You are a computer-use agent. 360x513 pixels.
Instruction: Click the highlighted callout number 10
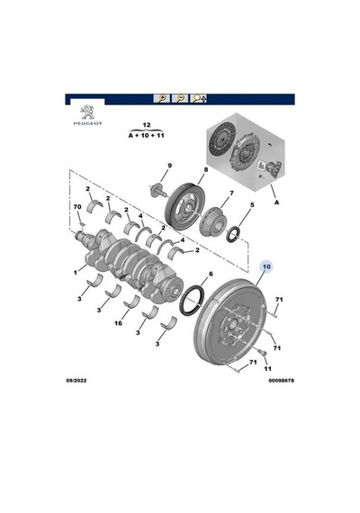point(266,266)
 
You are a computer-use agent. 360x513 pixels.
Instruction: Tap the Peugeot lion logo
point(87,112)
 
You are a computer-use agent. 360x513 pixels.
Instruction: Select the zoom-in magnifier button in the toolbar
point(162,98)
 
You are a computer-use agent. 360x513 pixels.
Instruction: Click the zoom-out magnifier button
point(180,98)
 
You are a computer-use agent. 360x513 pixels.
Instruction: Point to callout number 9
point(169,166)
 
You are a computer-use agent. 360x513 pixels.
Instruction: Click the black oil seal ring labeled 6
point(192,301)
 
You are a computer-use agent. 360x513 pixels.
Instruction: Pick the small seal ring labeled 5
point(234,235)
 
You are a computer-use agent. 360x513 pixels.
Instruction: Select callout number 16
point(118,323)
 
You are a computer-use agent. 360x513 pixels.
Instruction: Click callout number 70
point(77,207)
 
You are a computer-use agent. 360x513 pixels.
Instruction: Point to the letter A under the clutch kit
point(277,202)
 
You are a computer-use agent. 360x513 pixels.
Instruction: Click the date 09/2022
point(76,381)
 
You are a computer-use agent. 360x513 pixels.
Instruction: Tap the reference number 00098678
point(282,381)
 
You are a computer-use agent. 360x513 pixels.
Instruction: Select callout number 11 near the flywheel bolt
point(267,369)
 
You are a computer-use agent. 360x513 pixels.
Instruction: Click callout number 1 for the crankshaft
point(76,272)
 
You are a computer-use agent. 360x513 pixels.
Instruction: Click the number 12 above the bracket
point(147,125)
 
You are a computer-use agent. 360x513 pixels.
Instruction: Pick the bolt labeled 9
point(158,191)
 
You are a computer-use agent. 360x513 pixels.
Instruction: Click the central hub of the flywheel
point(233,325)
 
